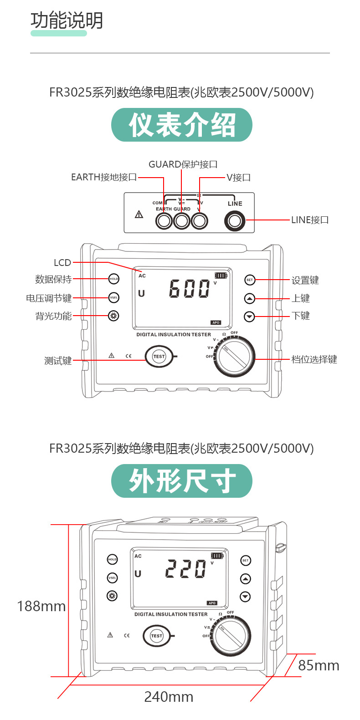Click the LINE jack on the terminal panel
click(235, 221)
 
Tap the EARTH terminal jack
click(164, 221)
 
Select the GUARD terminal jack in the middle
click(181, 221)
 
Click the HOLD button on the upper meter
click(113, 279)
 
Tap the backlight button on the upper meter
click(113, 316)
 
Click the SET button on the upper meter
click(249, 280)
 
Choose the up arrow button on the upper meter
click(249, 299)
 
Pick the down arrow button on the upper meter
click(249, 316)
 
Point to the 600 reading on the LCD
click(189, 289)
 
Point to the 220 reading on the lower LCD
click(185, 569)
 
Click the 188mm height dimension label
click(41, 606)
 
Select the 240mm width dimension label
click(169, 697)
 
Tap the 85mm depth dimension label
click(319, 665)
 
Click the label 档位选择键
click(314, 359)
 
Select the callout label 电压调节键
click(49, 298)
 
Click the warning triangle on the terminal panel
click(139, 214)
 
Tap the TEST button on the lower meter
click(157, 636)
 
